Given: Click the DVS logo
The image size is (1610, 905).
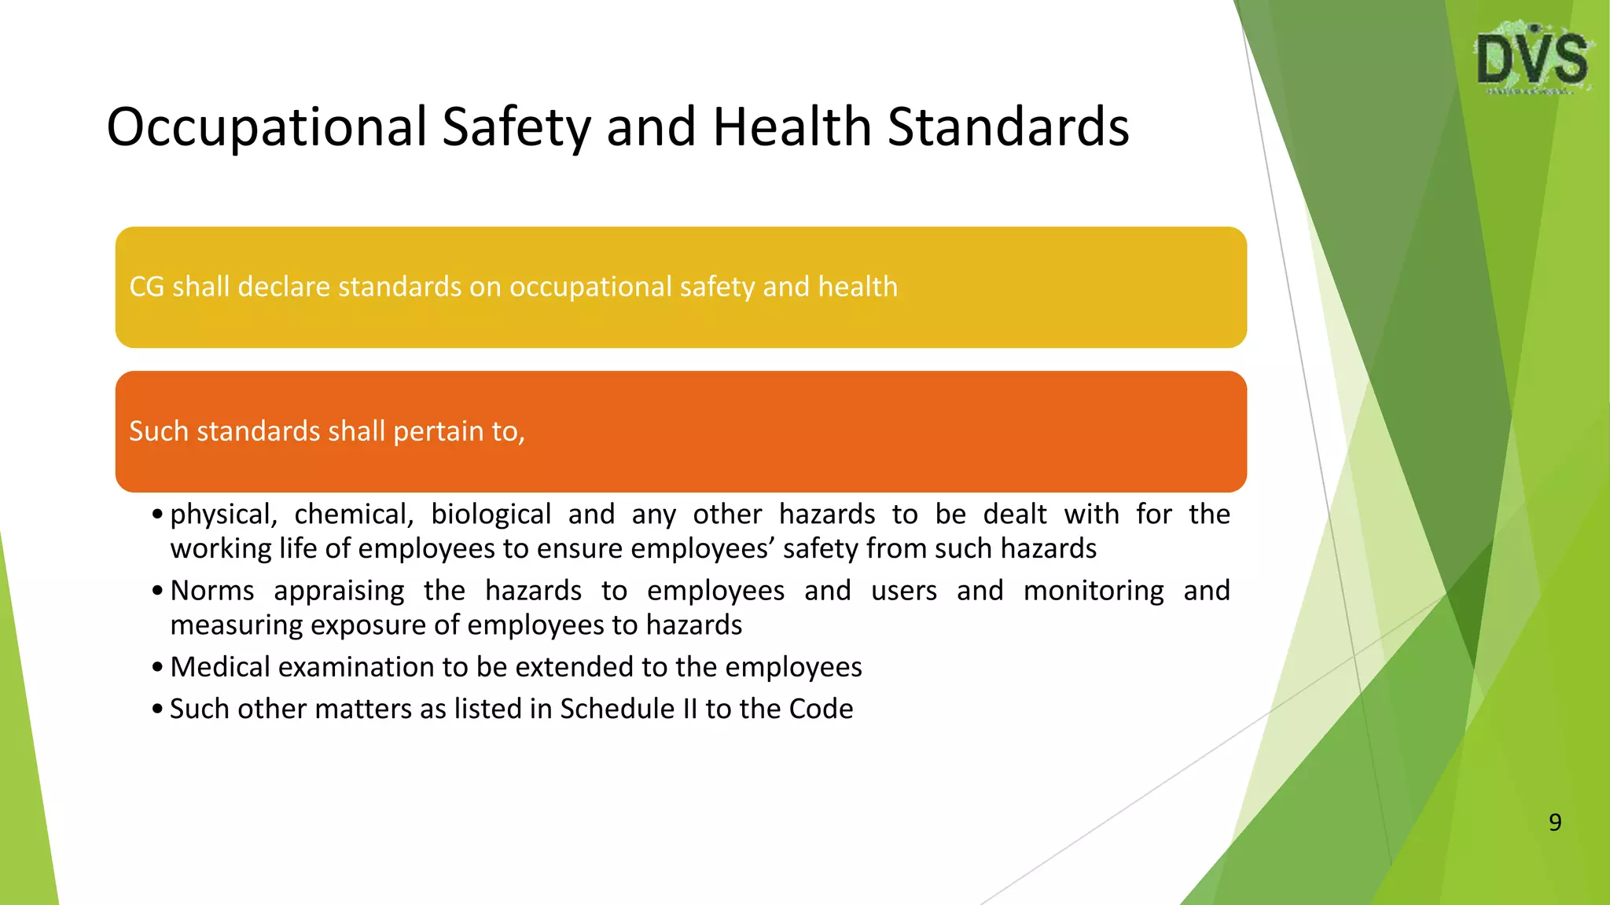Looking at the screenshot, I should [1532, 60].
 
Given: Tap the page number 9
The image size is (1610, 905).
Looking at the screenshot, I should [1554, 822].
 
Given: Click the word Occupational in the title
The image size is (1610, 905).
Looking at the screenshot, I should [266, 127].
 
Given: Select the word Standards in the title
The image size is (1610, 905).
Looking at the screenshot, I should [1008, 127].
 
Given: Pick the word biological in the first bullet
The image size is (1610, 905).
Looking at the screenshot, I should [491, 515].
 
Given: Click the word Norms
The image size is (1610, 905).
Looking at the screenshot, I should [212, 591].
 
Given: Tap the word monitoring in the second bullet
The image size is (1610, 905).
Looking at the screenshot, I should [1094, 591].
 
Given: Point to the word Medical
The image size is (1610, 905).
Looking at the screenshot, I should [220, 667].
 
